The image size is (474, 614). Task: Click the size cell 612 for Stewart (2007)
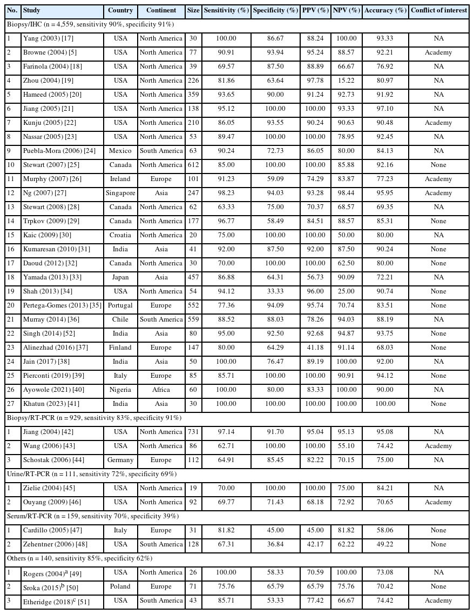(x=193, y=165)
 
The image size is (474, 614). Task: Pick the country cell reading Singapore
(x=120, y=193)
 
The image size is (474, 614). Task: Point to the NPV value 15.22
(x=346, y=81)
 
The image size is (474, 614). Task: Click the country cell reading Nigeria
(x=120, y=390)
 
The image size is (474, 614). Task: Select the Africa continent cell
(x=161, y=390)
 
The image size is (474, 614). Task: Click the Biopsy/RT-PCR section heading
(x=94, y=418)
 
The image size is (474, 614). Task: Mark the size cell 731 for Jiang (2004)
(x=193, y=432)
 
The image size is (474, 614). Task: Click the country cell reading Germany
(x=120, y=460)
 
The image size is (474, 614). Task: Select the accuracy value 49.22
(x=385, y=544)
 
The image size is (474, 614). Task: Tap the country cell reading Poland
(x=120, y=586)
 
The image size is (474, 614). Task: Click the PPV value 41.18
(x=315, y=348)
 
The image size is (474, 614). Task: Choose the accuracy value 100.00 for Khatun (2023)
(x=385, y=404)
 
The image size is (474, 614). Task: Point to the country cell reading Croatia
(x=120, y=235)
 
